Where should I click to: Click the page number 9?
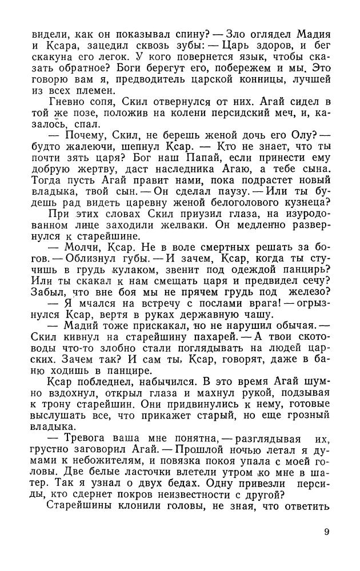(326, 532)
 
